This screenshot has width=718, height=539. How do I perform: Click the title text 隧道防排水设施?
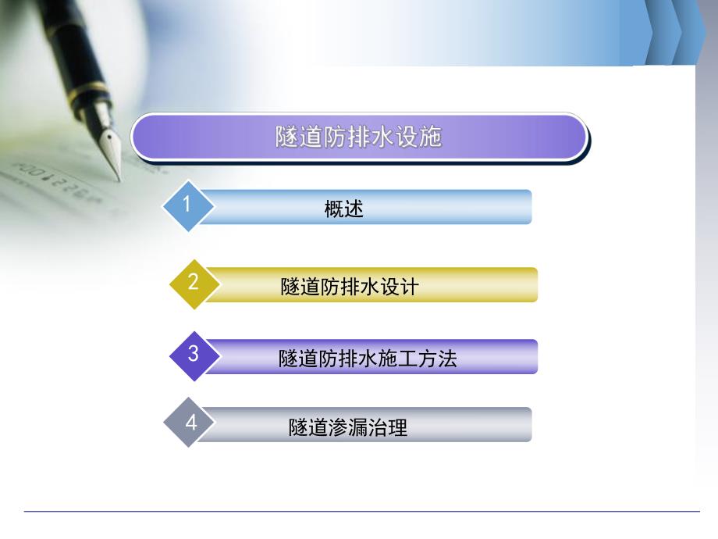(358, 137)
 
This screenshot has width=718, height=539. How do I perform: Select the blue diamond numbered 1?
(187, 205)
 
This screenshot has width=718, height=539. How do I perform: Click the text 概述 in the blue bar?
(344, 209)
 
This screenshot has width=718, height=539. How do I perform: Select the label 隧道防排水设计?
(350, 287)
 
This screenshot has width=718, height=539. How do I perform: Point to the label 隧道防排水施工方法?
(368, 359)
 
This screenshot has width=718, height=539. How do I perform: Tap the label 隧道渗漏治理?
(348, 427)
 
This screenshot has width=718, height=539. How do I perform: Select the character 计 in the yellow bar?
(409, 287)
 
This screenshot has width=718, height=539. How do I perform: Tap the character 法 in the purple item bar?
(447, 359)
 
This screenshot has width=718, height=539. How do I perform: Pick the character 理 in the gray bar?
(398, 427)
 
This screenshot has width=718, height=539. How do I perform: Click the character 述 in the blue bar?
(354, 209)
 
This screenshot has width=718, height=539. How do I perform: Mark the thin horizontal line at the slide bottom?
(359, 512)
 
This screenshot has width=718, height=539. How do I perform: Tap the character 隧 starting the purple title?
(286, 137)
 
